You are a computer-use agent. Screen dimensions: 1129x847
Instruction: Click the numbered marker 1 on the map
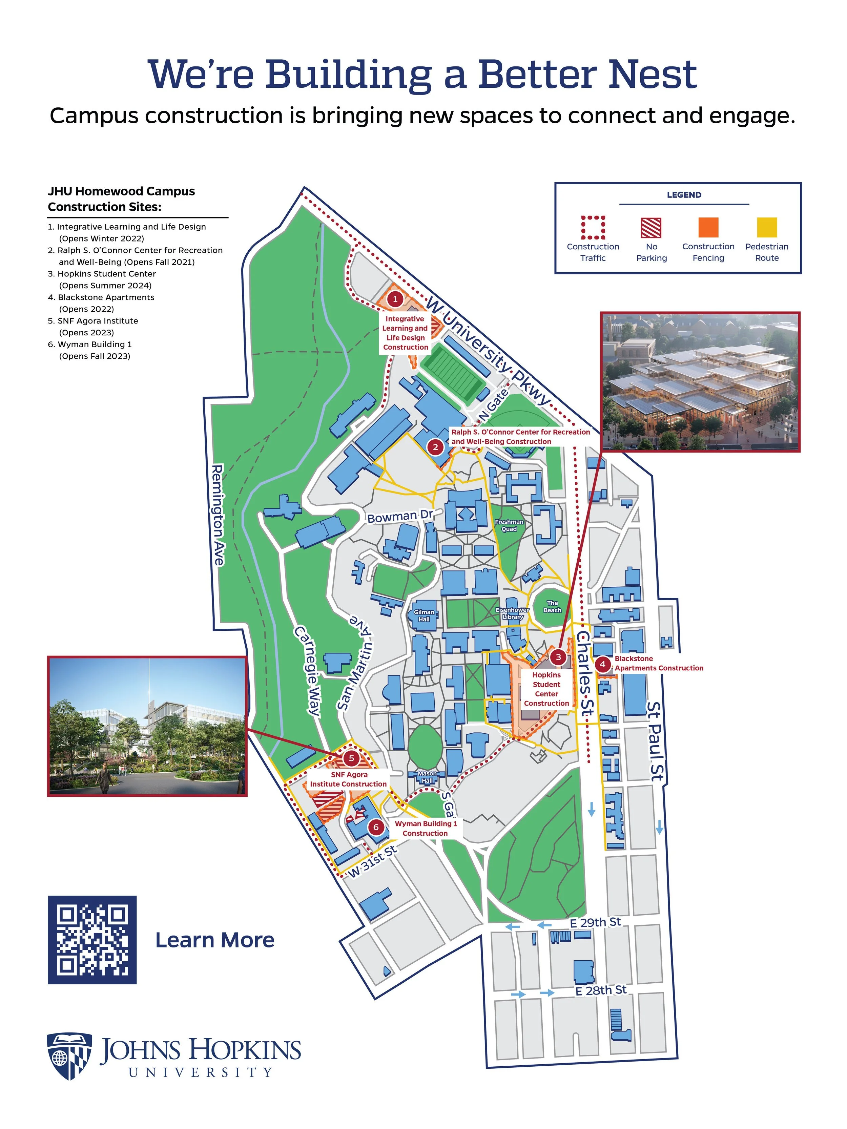[395, 299]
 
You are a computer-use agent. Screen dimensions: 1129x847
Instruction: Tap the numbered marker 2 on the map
[435, 447]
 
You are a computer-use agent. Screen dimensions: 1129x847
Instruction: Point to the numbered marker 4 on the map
[602, 664]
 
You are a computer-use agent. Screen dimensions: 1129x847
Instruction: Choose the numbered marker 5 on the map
[351, 758]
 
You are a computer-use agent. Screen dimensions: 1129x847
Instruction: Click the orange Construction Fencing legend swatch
[708, 228]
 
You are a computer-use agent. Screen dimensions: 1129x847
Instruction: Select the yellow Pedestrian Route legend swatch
[766, 228]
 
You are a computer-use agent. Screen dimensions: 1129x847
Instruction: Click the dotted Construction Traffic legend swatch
[593, 228]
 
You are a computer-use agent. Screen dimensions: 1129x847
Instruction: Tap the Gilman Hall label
[424, 615]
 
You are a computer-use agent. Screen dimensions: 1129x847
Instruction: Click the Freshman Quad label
[509, 525]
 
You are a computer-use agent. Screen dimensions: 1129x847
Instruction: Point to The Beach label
[553, 606]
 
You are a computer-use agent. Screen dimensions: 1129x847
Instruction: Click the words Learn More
[214, 940]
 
